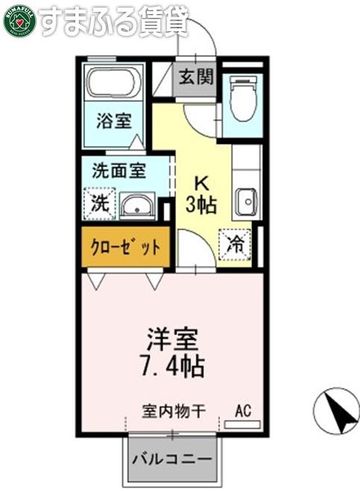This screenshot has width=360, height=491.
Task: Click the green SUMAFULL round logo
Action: (19, 22)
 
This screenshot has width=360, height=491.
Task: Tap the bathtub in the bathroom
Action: (113, 83)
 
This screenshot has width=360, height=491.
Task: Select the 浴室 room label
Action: (114, 121)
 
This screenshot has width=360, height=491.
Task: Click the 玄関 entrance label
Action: (196, 77)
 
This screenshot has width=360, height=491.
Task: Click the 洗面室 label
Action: (119, 171)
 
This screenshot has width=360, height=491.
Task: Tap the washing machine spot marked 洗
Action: (100, 203)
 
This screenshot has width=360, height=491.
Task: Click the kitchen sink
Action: (246, 203)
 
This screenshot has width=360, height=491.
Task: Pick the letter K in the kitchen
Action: (201, 184)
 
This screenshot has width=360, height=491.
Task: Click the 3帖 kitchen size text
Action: (201, 204)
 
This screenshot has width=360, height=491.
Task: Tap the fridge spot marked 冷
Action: (235, 244)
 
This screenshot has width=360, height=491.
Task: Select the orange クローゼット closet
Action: (126, 247)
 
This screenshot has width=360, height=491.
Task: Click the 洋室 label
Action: (173, 339)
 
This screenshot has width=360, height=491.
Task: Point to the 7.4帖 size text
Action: (173, 365)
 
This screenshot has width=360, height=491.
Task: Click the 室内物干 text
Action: (174, 411)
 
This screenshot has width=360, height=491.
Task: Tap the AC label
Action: (244, 411)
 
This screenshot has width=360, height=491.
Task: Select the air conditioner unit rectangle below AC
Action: (242, 425)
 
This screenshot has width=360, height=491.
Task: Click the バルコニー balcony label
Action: (172, 460)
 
